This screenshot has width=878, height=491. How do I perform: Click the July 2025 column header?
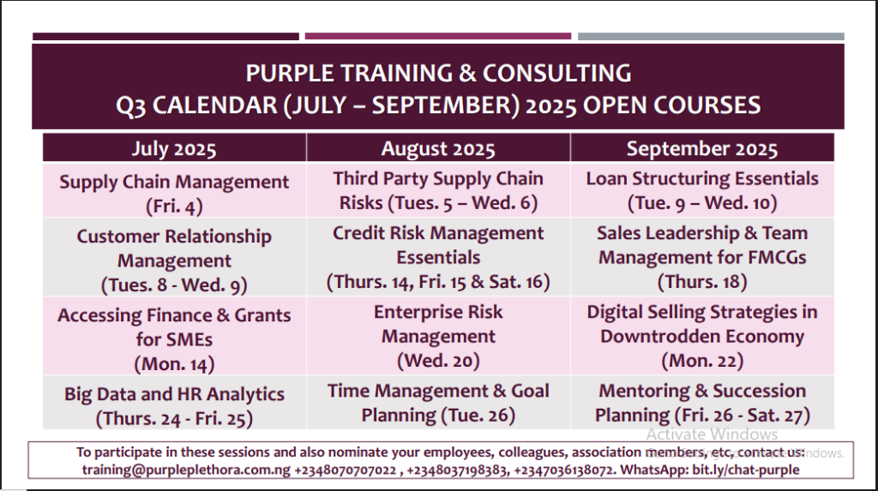174,148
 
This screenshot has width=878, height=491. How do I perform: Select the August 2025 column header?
438,148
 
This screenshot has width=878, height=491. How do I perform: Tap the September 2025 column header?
702,148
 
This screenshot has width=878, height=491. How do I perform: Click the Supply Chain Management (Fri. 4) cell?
174,190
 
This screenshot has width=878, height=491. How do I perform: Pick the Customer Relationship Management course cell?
174,257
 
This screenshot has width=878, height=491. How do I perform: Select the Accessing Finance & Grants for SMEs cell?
174,336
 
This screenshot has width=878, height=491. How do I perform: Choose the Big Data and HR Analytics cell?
174,403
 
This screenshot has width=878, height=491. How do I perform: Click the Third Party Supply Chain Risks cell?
438,190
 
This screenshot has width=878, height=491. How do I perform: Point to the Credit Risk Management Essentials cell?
438,257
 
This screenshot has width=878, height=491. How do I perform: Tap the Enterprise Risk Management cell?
438,336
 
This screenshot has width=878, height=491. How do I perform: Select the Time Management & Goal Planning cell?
438,403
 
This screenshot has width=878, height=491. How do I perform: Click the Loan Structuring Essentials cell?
702,190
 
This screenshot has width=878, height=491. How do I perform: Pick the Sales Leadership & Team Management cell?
702,257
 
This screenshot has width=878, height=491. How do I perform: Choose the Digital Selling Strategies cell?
702,336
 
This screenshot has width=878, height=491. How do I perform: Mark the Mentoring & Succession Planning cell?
702,403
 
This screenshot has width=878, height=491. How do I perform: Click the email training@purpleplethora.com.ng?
186,470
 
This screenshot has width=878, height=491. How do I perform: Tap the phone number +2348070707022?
345,470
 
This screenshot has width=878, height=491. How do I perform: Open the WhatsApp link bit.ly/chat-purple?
746,470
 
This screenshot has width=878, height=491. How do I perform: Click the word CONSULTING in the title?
557,74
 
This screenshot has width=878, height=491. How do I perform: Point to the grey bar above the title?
711,36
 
